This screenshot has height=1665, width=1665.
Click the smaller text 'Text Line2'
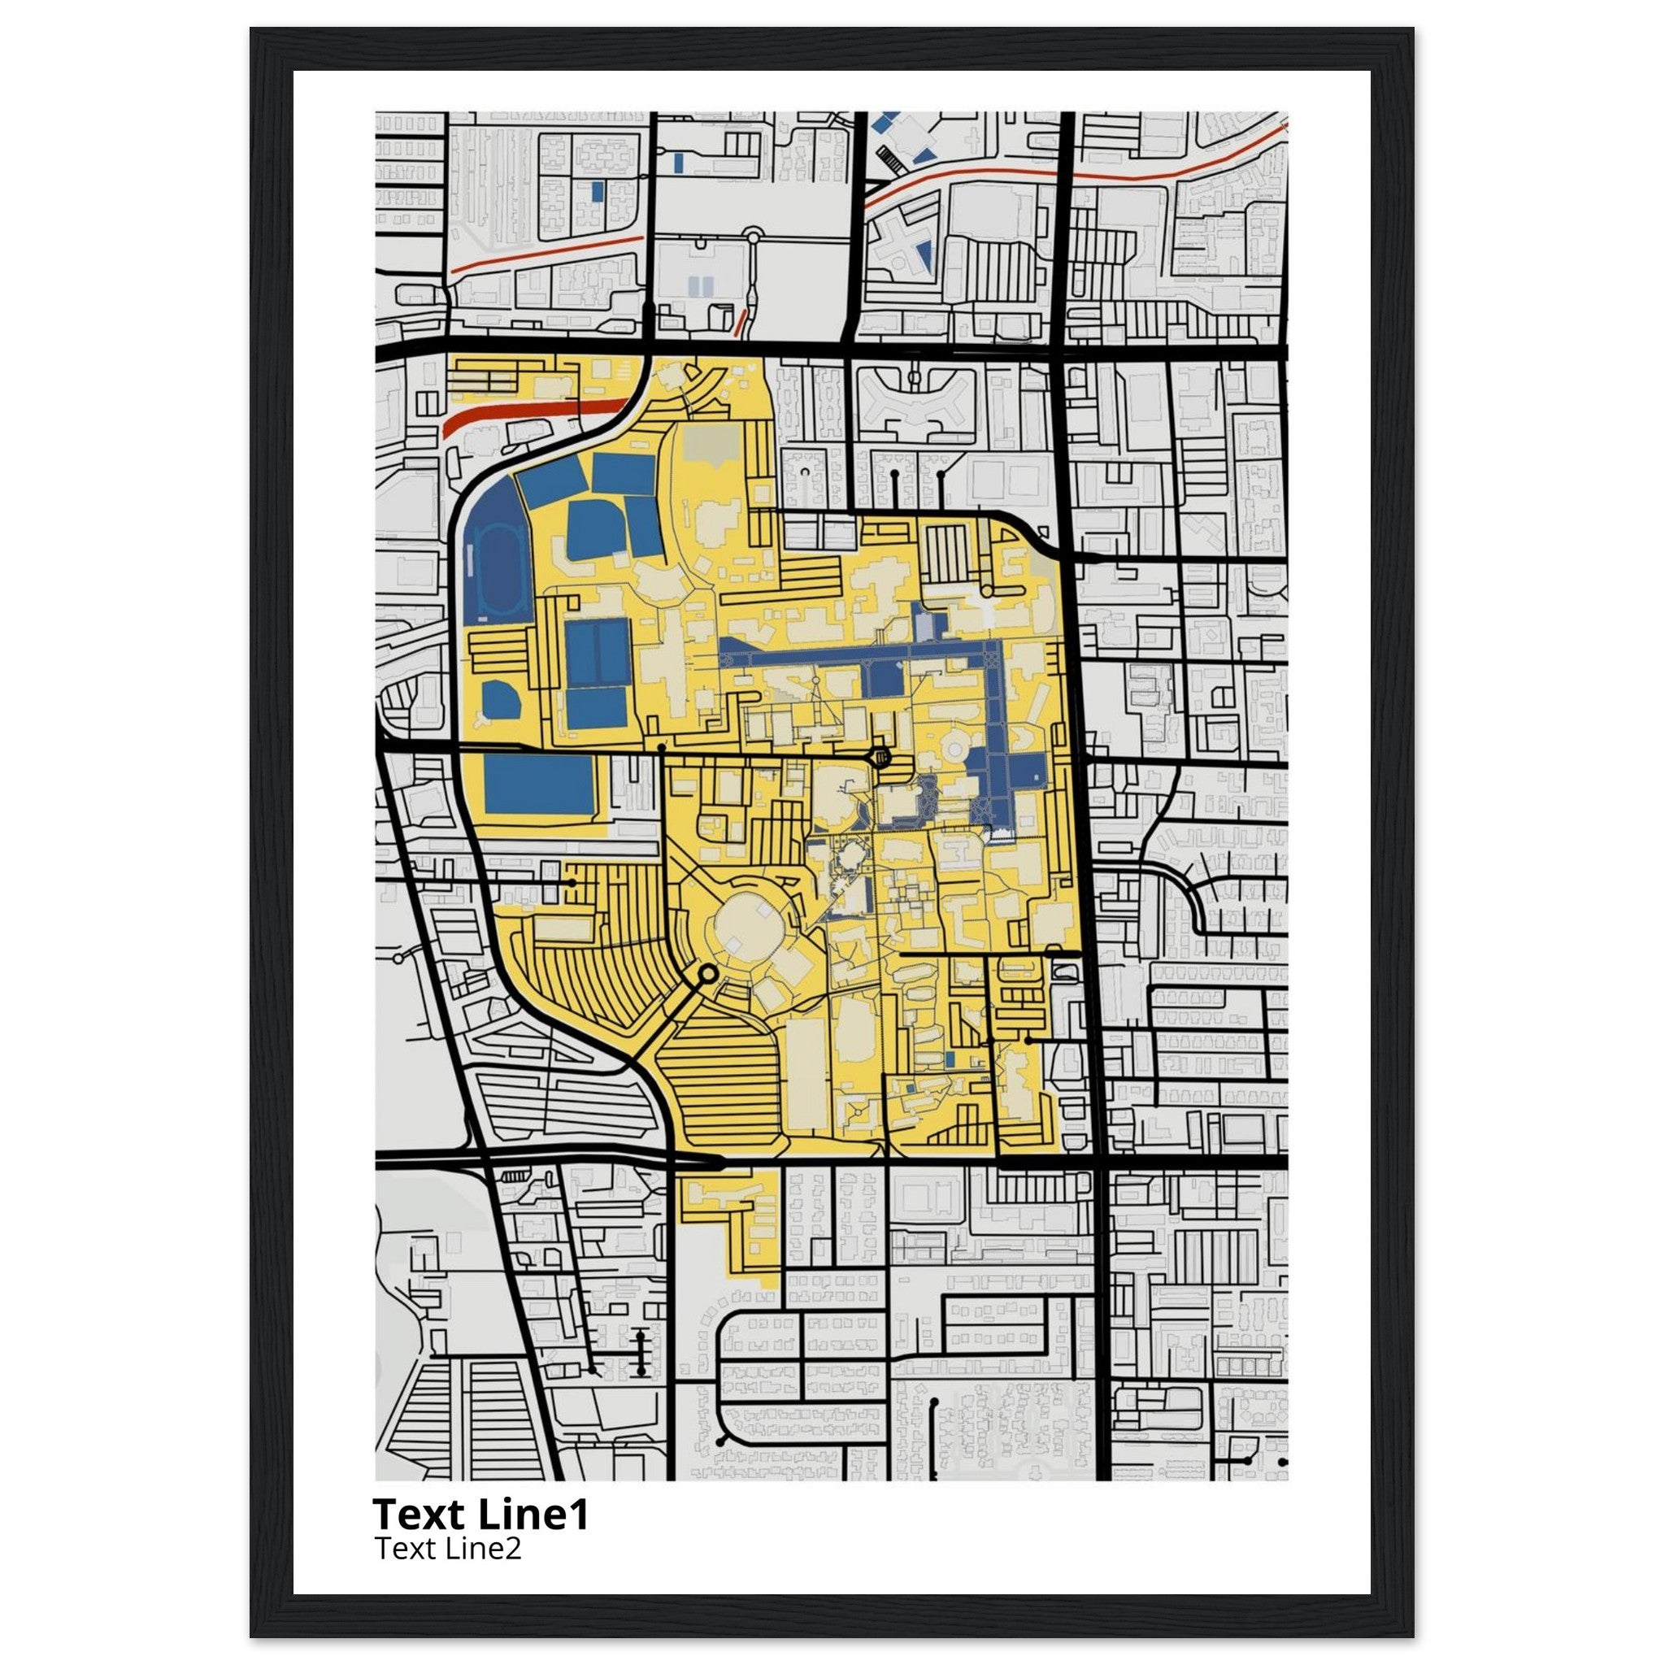447,1549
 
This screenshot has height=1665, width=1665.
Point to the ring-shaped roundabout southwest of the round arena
707,974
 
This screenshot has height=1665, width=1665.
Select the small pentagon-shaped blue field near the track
499,700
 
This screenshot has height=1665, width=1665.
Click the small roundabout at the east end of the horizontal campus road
880,758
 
